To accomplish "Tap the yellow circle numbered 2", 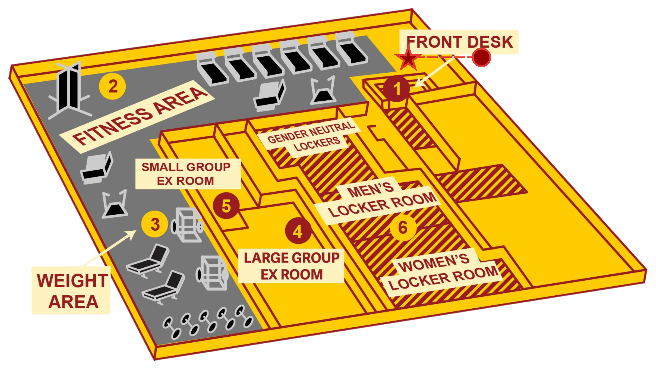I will (112, 86).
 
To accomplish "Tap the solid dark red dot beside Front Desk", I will (481, 57).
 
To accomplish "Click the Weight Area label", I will (72, 291).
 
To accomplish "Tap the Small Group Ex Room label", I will (187, 174).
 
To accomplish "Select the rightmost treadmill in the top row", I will (352, 52).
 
